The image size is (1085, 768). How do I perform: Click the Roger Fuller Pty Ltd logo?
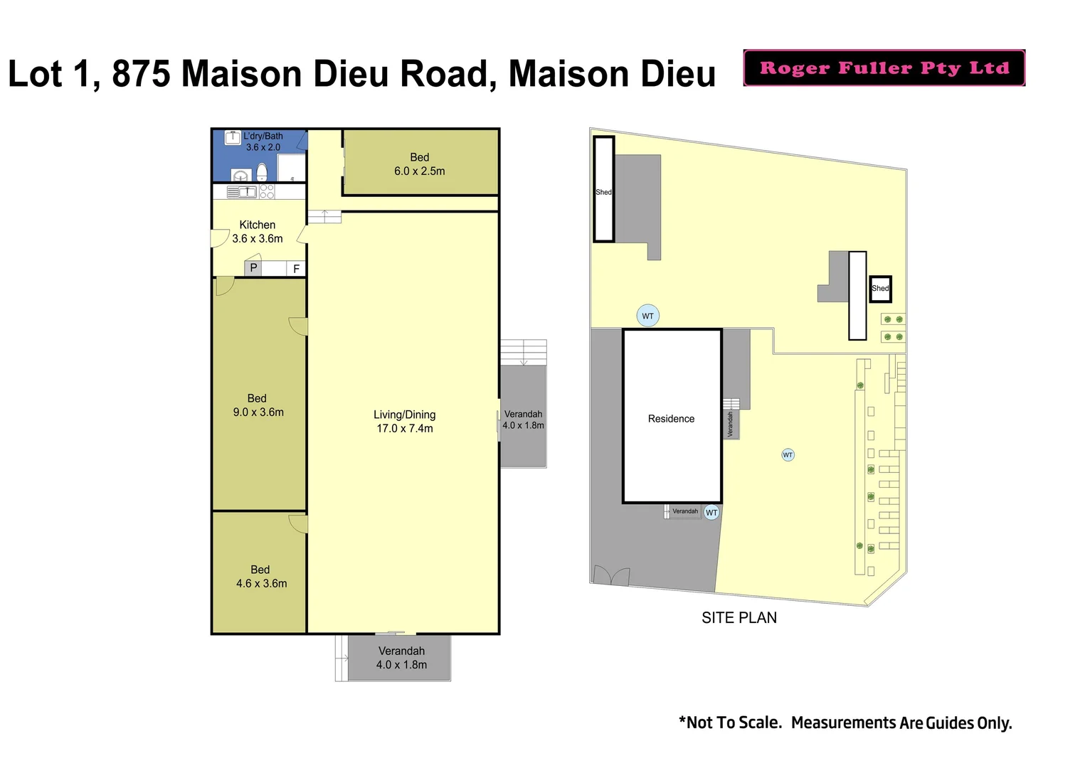884,68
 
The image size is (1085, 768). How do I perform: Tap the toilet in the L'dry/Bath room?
262,173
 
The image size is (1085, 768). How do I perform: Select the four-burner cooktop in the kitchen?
267,191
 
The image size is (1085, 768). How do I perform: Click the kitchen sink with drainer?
242,191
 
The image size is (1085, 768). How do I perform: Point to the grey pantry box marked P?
253,268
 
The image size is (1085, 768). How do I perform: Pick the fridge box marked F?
297,269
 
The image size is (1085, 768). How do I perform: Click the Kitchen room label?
257,225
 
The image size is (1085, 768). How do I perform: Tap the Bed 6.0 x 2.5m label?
419,164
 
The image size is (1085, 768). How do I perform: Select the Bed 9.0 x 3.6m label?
258,405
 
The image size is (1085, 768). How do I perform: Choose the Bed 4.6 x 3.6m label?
261,577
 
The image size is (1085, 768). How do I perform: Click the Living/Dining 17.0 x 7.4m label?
404,421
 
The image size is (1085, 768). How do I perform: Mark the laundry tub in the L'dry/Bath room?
233,138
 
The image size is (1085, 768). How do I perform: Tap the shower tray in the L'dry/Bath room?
292,169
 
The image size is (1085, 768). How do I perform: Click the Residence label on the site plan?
671,419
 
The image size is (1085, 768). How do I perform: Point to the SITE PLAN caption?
739,618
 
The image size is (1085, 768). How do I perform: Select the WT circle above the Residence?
647,316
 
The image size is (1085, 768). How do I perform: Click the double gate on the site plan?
611,575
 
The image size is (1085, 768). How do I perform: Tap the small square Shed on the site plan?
880,288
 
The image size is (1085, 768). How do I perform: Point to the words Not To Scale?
733,722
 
